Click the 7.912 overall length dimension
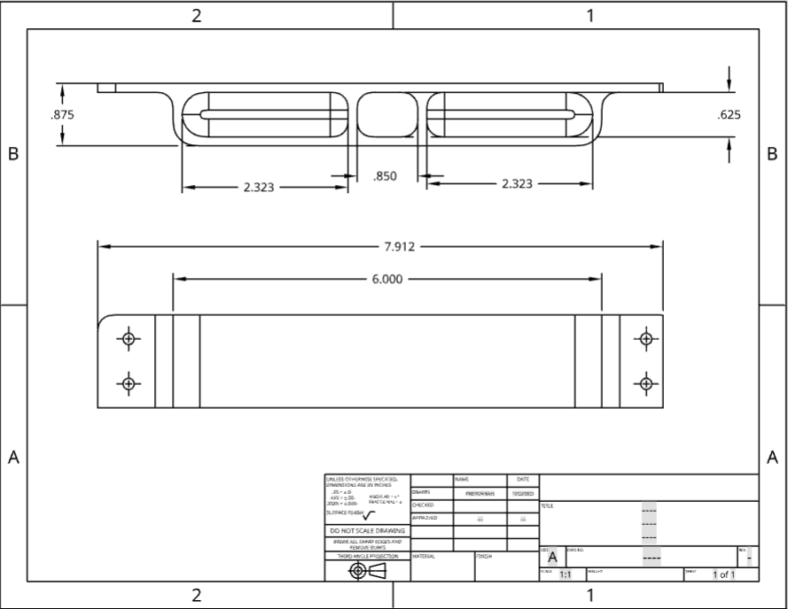(x=399, y=247)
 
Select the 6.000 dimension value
(x=386, y=279)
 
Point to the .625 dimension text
(x=728, y=114)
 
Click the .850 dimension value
(x=385, y=176)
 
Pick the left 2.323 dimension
(x=259, y=187)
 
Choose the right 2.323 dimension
(x=517, y=183)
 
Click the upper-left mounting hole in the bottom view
(x=129, y=339)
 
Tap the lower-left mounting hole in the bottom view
(x=129, y=383)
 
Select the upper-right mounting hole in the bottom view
(x=646, y=339)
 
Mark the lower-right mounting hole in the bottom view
(x=646, y=383)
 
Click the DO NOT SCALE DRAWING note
(x=367, y=531)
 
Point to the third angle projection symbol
(x=367, y=571)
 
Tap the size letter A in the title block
(x=552, y=558)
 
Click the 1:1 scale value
(x=565, y=574)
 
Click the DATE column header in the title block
(x=523, y=479)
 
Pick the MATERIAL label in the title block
(x=423, y=557)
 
